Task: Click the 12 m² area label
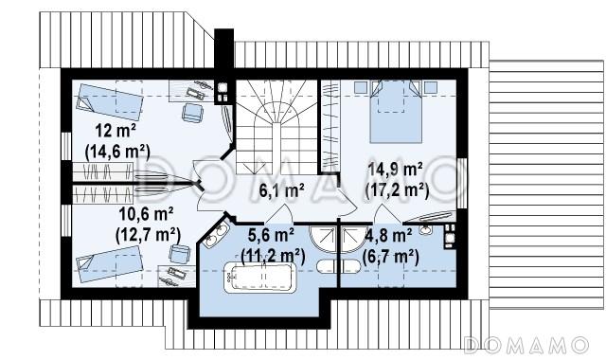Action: tap(116, 131)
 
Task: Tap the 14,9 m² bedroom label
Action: tap(396, 170)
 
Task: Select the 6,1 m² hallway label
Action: tap(281, 191)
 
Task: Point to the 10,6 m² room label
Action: tap(146, 214)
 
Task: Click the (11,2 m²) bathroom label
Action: tap(273, 255)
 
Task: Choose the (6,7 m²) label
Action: tap(391, 256)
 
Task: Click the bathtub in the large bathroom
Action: tap(259, 278)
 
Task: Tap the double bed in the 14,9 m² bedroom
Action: tap(396, 112)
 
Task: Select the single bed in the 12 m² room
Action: tap(110, 101)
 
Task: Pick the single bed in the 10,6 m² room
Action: tap(110, 264)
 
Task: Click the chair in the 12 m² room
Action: tap(192, 113)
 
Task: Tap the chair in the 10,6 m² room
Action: tap(180, 254)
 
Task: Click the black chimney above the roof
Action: tap(223, 49)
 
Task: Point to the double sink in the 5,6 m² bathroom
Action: tap(216, 236)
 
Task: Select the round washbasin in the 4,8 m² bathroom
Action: tap(425, 229)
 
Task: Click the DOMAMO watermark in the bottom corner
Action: tap(526, 345)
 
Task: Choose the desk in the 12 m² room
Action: tap(191, 91)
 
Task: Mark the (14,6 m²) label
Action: tap(117, 152)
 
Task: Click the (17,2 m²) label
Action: tap(398, 190)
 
